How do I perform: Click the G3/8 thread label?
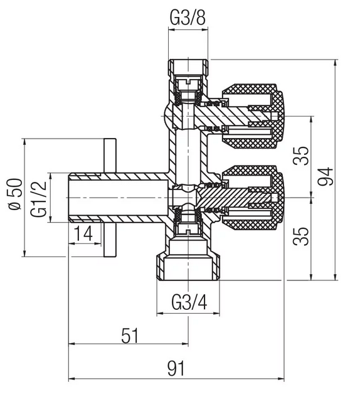click(x=188, y=18)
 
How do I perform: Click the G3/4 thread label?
click(x=189, y=302)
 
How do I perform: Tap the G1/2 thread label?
click(x=39, y=199)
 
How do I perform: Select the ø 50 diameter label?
click(x=15, y=194)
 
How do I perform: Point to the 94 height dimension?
click(x=326, y=176)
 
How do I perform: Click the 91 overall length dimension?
click(x=176, y=368)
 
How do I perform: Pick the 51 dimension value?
click(x=130, y=336)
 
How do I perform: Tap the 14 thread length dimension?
click(x=83, y=233)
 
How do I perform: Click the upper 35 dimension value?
click(x=301, y=156)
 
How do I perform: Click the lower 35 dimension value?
click(x=301, y=236)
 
